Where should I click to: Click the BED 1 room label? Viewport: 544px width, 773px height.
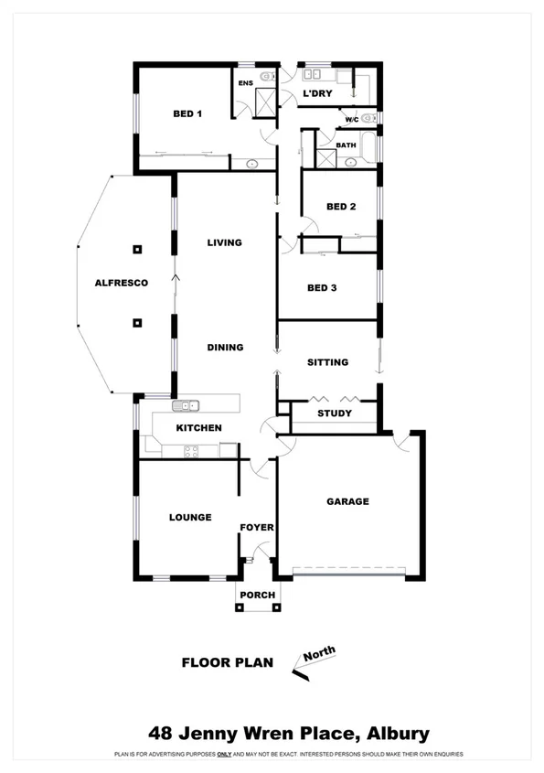coord(187,114)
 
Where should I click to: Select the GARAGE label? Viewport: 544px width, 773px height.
coord(348,501)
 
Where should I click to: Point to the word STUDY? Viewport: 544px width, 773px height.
coord(334,413)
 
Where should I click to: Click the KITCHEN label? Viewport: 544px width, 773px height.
coord(198,428)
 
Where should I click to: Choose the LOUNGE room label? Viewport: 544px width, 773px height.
coord(190,518)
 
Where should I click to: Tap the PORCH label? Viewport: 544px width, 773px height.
coord(257,596)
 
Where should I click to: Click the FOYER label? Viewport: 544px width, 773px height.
coord(257,528)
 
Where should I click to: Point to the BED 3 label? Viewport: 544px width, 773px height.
coord(322,288)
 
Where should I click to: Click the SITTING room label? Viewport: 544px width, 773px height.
coord(327,362)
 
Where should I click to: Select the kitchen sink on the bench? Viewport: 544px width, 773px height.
coord(187,405)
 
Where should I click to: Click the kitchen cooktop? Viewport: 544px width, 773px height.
coord(192,450)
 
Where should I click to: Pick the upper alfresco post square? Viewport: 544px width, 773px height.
coord(137,249)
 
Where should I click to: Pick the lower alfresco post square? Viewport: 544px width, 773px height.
coord(137,322)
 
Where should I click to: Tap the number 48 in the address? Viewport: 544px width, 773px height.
coord(162,734)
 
